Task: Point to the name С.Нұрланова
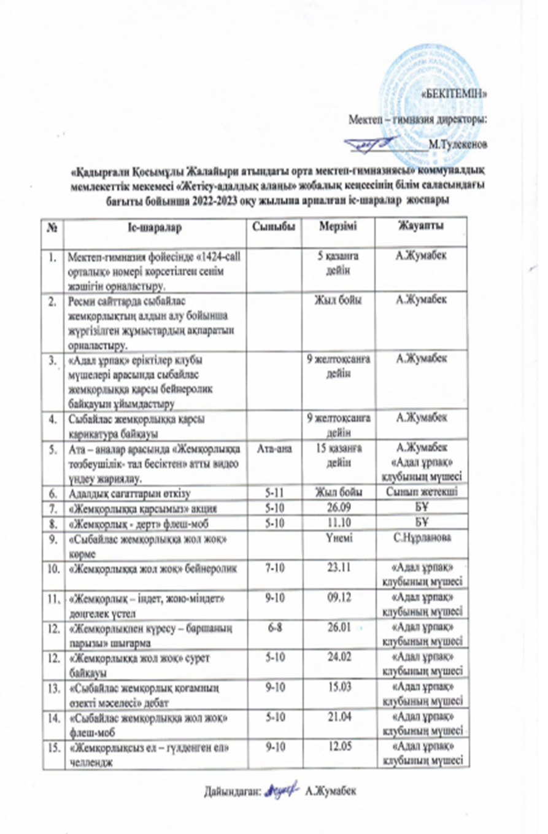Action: coord(421,536)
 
